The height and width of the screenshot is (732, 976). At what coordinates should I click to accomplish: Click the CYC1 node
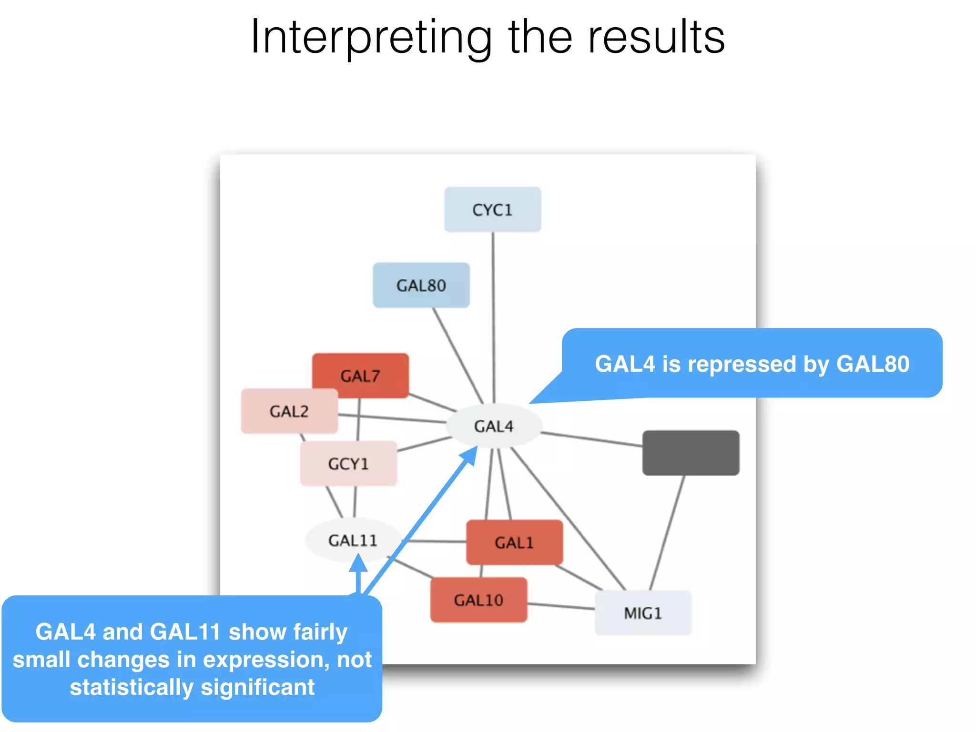pyautogui.click(x=492, y=210)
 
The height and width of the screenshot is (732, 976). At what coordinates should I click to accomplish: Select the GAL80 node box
pyautogui.click(x=421, y=285)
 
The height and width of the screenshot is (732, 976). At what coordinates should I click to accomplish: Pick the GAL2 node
pyautogui.click(x=289, y=411)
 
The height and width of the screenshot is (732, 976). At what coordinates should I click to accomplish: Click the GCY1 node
pyautogui.click(x=348, y=463)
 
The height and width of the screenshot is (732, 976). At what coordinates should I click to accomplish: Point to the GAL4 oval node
pyautogui.click(x=494, y=426)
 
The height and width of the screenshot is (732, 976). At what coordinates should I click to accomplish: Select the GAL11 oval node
pyautogui.click(x=353, y=540)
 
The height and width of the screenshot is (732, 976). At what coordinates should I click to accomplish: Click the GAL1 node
pyautogui.click(x=514, y=542)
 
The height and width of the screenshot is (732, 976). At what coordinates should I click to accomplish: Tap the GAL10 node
pyautogui.click(x=478, y=600)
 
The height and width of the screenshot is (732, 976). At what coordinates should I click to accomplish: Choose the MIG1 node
pyautogui.click(x=643, y=613)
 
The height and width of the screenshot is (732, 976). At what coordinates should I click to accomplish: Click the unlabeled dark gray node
pyautogui.click(x=691, y=453)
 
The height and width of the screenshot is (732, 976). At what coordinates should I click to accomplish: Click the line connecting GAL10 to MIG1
pyautogui.click(x=561, y=606)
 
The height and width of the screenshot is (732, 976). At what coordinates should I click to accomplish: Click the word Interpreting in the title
pyautogui.click(x=371, y=37)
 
